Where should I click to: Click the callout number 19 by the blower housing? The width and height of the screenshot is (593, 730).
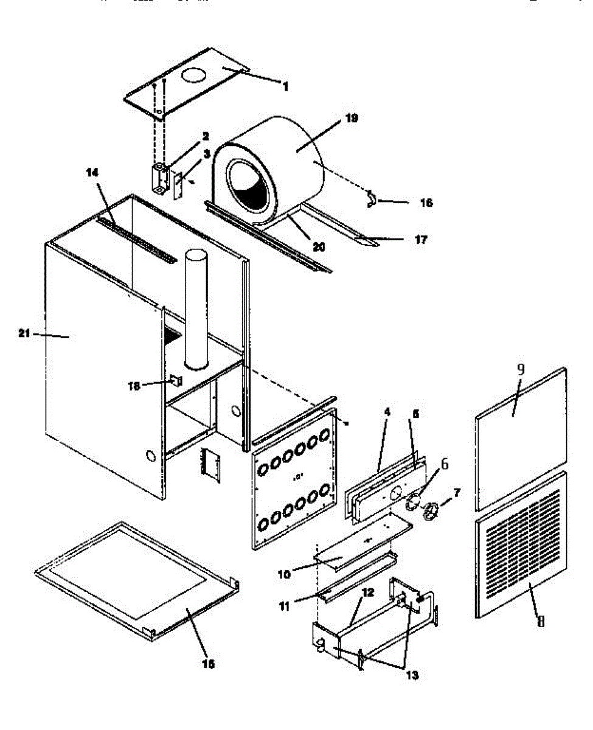tap(351, 118)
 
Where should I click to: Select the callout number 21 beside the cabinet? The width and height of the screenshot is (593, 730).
tap(25, 333)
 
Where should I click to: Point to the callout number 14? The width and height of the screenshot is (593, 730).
tap(92, 173)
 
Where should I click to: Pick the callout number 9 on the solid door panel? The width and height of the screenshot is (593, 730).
tap(521, 369)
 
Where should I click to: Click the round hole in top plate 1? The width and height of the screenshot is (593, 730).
tap(194, 76)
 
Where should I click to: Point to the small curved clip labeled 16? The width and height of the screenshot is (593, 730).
tap(371, 199)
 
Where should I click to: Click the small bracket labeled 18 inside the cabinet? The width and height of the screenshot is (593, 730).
tap(176, 381)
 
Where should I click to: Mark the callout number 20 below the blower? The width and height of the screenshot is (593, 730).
tap(319, 248)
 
